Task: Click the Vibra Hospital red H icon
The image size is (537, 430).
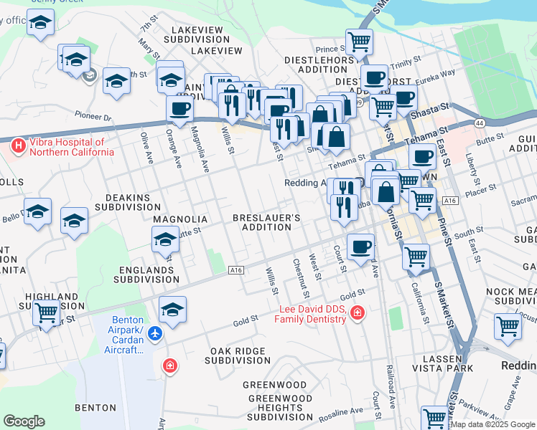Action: [x=19, y=146]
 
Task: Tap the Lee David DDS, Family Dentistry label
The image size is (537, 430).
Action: [x=314, y=314]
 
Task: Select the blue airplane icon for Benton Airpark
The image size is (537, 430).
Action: [x=157, y=333]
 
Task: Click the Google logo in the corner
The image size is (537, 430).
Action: [x=24, y=421]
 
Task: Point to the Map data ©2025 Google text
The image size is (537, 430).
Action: [x=492, y=424]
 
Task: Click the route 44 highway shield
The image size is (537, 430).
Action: [x=478, y=124]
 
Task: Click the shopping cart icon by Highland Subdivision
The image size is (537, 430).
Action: [x=47, y=312]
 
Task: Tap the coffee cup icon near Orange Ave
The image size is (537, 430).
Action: [x=179, y=109]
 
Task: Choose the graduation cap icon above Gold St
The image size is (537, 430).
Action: [x=172, y=310]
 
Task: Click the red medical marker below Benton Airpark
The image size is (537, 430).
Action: [x=169, y=365]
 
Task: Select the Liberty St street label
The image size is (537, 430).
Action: [x=472, y=160]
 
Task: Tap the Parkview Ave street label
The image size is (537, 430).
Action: [x=496, y=411]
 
